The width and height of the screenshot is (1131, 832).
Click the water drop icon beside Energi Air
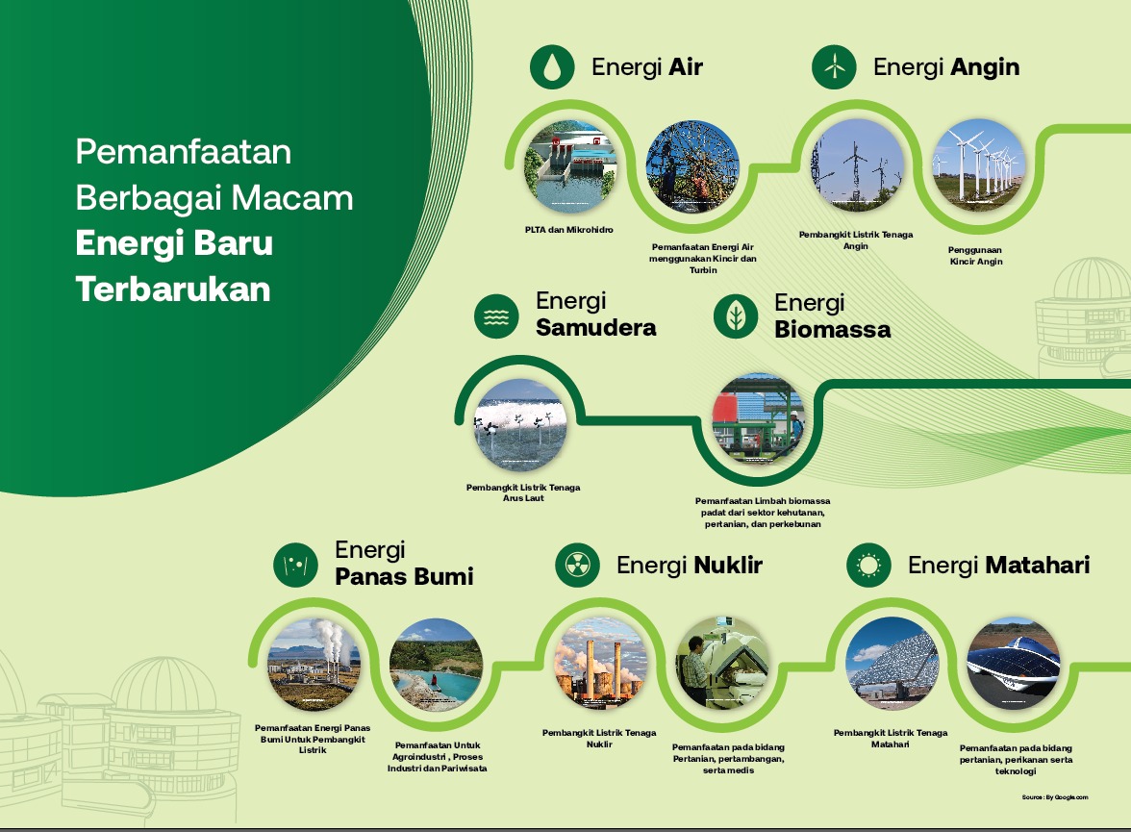pos(552,67)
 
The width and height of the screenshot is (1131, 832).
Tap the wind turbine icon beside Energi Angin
pos(834,67)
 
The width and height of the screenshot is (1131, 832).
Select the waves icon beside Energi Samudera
pos(496,316)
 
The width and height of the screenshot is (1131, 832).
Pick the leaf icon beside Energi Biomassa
pos(736,316)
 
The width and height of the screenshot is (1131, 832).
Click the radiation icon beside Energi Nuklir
pos(578,565)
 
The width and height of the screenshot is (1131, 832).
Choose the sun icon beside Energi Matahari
pos(869,565)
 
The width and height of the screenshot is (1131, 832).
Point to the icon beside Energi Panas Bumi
pos(296,565)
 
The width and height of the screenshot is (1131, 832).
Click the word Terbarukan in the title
pos(173,290)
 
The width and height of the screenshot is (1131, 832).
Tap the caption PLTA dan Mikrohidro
pos(569,230)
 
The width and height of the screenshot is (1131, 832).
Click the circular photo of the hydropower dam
pos(569,166)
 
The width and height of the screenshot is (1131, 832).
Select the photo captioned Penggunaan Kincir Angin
pos(977,166)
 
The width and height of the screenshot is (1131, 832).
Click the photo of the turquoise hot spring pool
pos(437,665)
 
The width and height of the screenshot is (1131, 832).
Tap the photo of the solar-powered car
pos(1014,663)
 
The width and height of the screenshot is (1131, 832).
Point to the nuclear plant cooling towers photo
pos(600,663)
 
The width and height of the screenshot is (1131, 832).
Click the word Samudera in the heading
pos(596,328)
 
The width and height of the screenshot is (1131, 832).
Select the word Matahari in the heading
pos(1038,565)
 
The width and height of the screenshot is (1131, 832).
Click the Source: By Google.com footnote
pos(1054,797)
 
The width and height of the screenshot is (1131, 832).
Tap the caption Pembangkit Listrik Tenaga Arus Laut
pos(523,492)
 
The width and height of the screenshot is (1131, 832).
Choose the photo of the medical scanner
pos(723,663)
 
